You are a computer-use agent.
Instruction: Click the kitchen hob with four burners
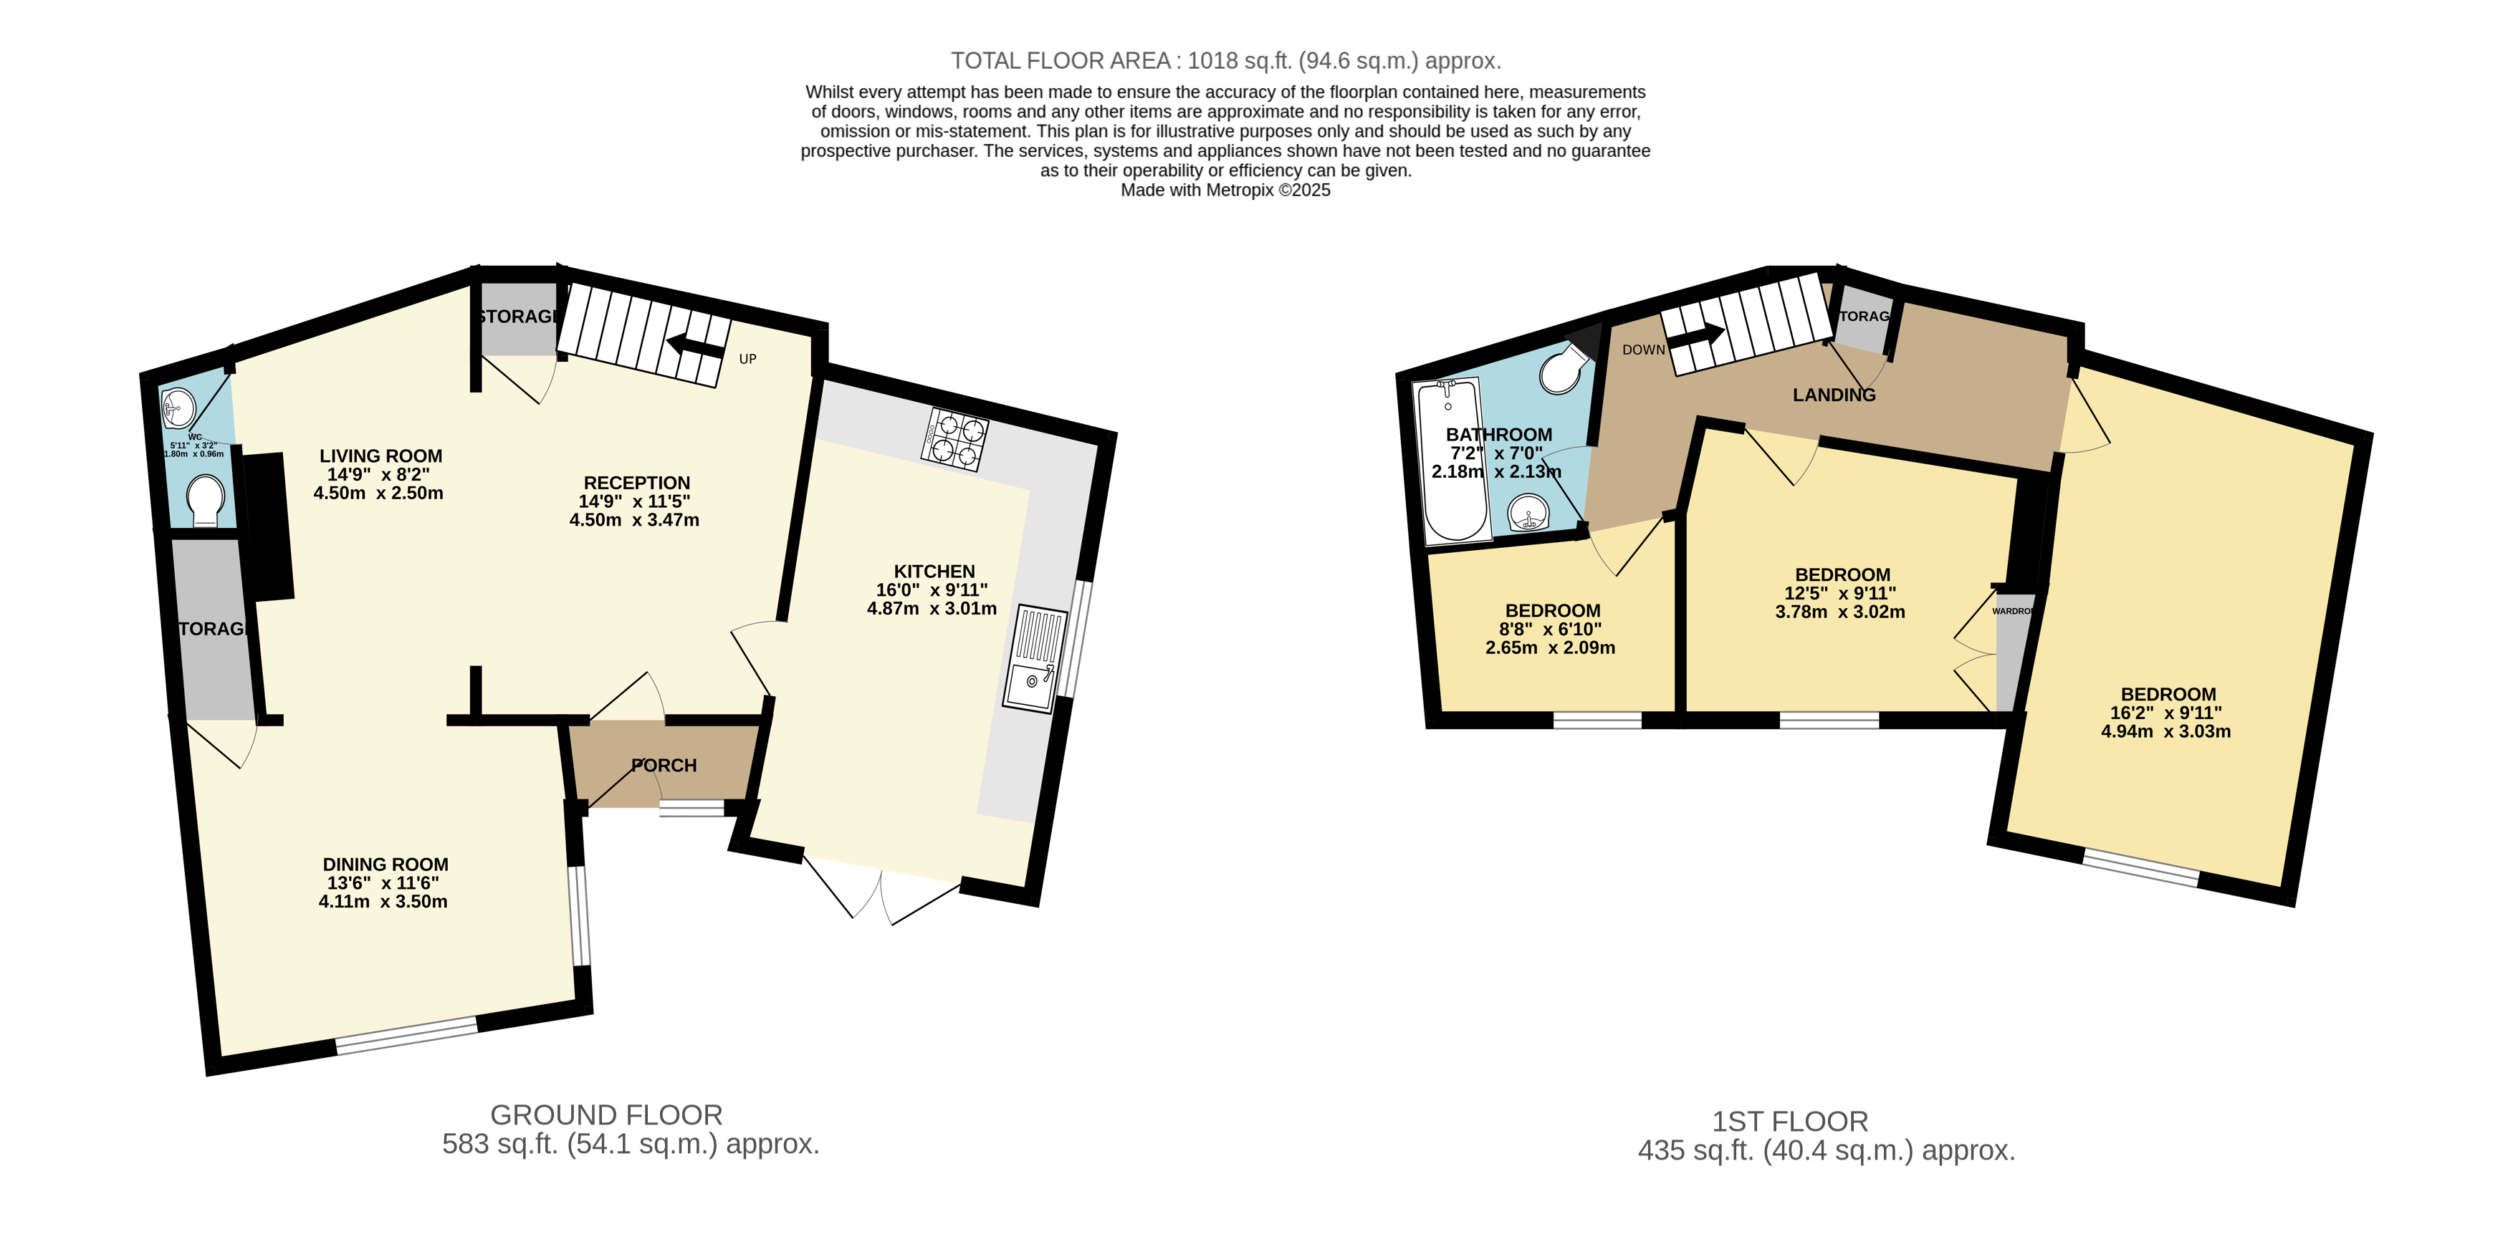[x=954, y=439]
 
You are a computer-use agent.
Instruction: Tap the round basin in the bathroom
[x=1528, y=513]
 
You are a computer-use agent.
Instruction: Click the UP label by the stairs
[x=747, y=359]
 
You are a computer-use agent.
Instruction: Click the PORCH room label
[x=664, y=766]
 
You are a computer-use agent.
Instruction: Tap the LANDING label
[x=1834, y=395]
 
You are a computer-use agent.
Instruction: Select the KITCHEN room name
[x=934, y=572]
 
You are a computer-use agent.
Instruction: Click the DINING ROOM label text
[x=386, y=865]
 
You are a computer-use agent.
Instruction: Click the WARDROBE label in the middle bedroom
[x=2011, y=611]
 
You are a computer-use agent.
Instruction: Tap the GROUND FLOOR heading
[x=605, y=1114]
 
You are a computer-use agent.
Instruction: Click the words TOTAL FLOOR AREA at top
[x=1061, y=60]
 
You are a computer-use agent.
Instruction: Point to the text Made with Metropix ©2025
[x=1225, y=190]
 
